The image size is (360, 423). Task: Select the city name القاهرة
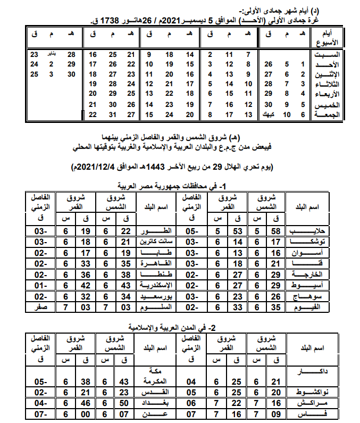click(155, 262)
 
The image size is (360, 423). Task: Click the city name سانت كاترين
click(155, 242)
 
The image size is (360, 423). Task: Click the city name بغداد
click(155, 402)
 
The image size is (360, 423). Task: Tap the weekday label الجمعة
click(328, 115)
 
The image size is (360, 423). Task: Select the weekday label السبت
click(328, 54)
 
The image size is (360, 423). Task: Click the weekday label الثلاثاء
click(328, 85)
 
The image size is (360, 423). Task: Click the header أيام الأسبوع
click(331, 38)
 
